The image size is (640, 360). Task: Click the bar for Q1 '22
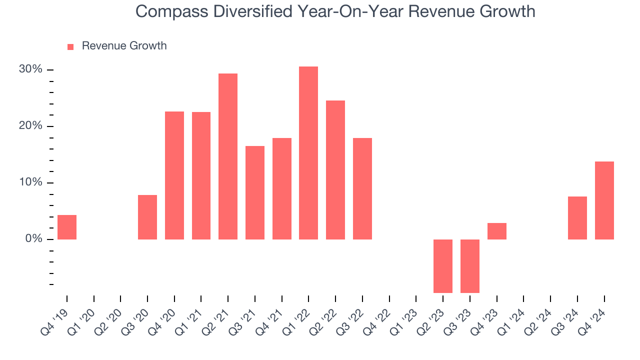(x=308, y=153)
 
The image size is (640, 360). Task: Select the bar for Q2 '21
(x=228, y=156)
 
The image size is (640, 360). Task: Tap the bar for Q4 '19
(x=67, y=227)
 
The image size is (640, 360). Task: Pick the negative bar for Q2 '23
(x=443, y=266)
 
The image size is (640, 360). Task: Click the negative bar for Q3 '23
(x=470, y=266)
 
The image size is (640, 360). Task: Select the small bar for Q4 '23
(x=497, y=231)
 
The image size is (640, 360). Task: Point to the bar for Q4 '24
(x=604, y=200)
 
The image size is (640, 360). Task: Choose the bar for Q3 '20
(x=147, y=217)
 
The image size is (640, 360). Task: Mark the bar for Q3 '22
(x=362, y=188)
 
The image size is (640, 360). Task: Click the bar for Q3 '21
(x=255, y=192)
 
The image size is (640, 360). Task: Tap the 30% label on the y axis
(x=30, y=69)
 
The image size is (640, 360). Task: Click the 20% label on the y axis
(x=30, y=126)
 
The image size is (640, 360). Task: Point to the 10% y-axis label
(x=30, y=182)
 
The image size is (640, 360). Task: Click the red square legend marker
(x=70, y=46)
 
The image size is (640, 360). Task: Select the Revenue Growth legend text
(x=124, y=46)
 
